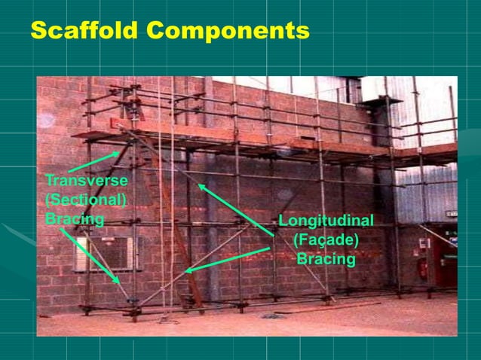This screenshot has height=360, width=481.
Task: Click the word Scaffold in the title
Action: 85,31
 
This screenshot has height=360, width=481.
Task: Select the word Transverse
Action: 86,181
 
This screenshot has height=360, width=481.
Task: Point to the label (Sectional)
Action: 85,200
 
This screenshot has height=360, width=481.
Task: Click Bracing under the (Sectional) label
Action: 74,218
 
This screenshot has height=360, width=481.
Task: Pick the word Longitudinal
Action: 326,221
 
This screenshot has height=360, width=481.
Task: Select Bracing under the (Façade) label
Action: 326,259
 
